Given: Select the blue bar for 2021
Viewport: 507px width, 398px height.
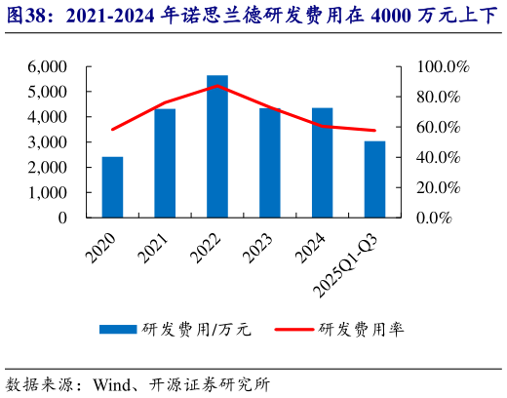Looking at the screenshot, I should pyautogui.click(x=165, y=163).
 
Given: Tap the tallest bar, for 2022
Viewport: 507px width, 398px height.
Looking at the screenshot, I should pyautogui.click(x=217, y=146).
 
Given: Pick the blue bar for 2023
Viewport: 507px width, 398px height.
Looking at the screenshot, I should pyautogui.click(x=270, y=163).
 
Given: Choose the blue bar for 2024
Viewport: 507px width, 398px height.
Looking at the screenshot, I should pyautogui.click(x=322, y=163).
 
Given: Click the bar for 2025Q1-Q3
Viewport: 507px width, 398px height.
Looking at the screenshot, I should pyautogui.click(x=374, y=179).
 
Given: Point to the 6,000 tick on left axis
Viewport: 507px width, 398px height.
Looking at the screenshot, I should pyautogui.click(x=48, y=66).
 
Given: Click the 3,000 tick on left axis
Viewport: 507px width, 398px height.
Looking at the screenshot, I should pyautogui.click(x=48, y=142).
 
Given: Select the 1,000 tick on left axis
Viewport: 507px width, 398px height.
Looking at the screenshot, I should pyautogui.click(x=48, y=193).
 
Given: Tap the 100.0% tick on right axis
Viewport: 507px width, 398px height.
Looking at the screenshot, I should pyautogui.click(x=444, y=66).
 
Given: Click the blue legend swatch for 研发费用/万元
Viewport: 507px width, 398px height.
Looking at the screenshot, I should pyautogui.click(x=118, y=330).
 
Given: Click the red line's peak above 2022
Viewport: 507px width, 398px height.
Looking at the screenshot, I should pyautogui.click(x=217, y=86).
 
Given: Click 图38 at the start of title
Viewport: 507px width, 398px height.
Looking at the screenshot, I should pyautogui.click(x=22, y=16).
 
